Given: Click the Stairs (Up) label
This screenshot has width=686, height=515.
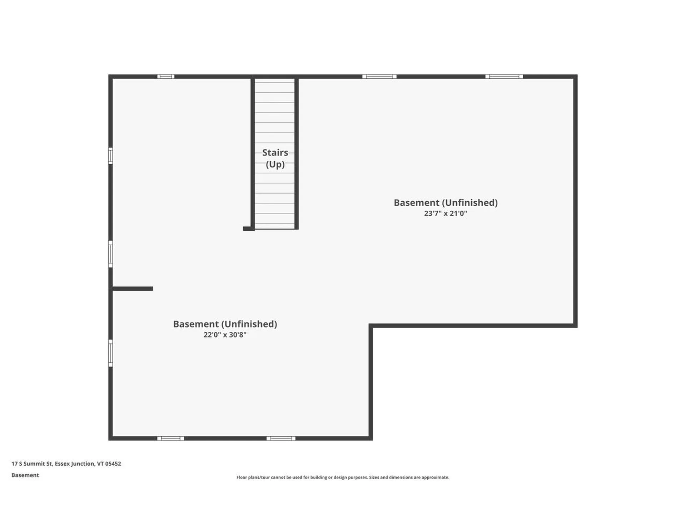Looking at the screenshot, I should click(x=275, y=158).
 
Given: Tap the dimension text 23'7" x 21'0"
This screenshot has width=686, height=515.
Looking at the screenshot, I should click(x=446, y=214).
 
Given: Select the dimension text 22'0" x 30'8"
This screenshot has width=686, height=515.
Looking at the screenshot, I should click(x=225, y=335).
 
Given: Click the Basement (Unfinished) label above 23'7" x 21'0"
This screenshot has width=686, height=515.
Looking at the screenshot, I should click(x=446, y=202).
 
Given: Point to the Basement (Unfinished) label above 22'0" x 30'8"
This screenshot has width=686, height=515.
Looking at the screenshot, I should click(x=225, y=324).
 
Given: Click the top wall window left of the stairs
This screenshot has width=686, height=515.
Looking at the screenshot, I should click(x=166, y=77).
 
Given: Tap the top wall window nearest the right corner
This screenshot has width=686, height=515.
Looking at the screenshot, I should click(x=504, y=77).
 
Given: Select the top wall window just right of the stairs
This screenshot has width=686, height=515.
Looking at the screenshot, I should click(x=379, y=77).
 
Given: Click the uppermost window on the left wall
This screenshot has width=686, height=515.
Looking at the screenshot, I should click(x=110, y=156).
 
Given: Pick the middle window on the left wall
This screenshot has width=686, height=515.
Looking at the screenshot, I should click(x=110, y=254).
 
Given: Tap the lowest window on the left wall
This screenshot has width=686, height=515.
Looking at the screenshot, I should click(x=110, y=353).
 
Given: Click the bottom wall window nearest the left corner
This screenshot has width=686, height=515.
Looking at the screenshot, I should click(x=171, y=438).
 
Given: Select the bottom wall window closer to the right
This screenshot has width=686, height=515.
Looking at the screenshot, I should click(x=281, y=438).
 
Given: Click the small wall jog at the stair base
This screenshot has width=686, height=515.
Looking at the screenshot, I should click(x=248, y=229).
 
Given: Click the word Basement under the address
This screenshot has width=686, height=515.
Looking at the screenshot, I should click(x=25, y=475).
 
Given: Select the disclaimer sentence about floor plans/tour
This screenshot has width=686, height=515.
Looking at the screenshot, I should click(x=343, y=477).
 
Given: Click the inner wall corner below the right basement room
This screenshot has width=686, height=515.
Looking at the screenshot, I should click(x=371, y=326).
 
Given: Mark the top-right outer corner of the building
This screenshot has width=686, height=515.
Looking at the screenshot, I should click(x=576, y=76).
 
